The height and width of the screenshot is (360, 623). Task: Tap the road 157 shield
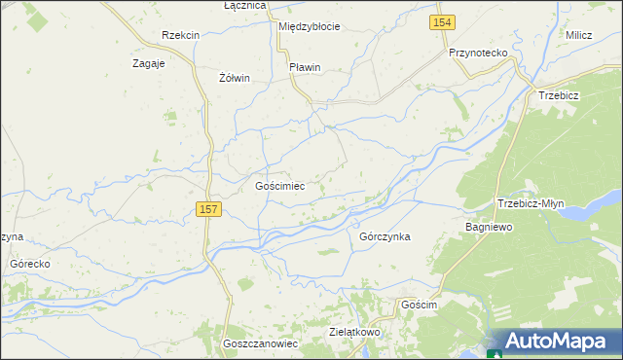click(207, 209)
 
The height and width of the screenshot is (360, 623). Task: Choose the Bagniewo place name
click(489, 227)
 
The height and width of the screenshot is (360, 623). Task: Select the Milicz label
click(578, 35)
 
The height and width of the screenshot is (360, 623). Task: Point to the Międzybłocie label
click(309, 26)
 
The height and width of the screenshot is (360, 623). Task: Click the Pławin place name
click(305, 67)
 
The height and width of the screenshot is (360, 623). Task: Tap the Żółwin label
click(235, 78)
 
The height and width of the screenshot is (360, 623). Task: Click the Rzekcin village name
click(181, 35)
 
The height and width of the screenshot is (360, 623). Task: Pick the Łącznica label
click(244, 6)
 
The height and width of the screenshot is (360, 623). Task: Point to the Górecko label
click(29, 264)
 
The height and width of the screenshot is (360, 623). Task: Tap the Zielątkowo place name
click(354, 332)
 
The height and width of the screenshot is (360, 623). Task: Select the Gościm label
click(421, 305)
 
